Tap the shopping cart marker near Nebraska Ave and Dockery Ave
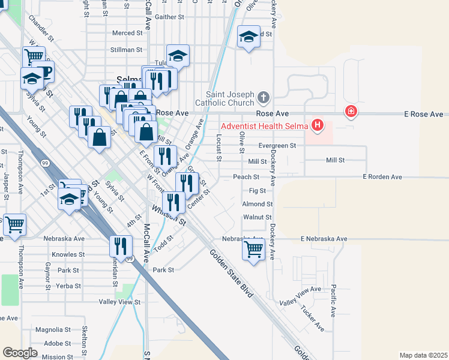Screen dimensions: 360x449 click(x=253, y=248)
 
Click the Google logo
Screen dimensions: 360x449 click(x=20, y=353)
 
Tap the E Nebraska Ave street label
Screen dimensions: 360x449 click(x=324, y=239)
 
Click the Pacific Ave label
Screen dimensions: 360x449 click(x=333, y=300)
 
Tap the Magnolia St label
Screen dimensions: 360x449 click(x=53, y=330)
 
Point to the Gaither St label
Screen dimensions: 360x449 click(x=169, y=17)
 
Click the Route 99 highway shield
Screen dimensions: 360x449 click(x=45, y=163)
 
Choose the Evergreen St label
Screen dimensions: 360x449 click(x=277, y=146)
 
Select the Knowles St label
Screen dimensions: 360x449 click(x=68, y=254)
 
